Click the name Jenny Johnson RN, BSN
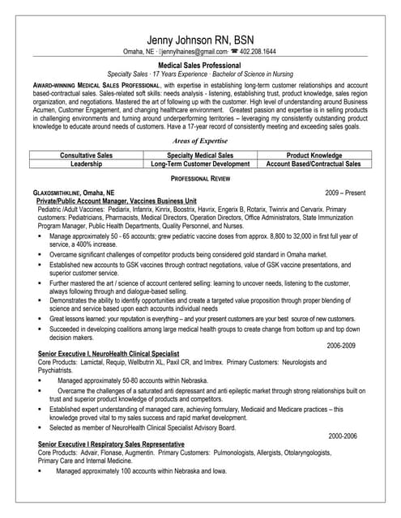pyautogui.click(x=199, y=41)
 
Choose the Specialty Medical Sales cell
pyautogui.click(x=200, y=154)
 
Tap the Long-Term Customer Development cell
pyautogui.click(x=200, y=163)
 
